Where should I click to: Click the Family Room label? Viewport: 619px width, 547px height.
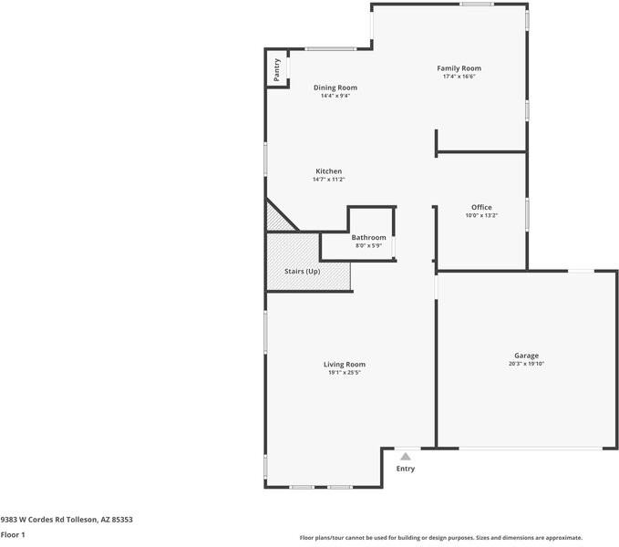pyautogui.click(x=459, y=68)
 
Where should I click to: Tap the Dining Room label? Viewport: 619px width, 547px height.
pyautogui.click(x=335, y=88)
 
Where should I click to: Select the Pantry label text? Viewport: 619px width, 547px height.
pyautogui.click(x=277, y=70)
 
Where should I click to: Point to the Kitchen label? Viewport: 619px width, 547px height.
pyautogui.click(x=329, y=171)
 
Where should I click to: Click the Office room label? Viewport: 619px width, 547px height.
pyautogui.click(x=481, y=208)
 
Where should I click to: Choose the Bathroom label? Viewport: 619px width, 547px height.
pyautogui.click(x=368, y=238)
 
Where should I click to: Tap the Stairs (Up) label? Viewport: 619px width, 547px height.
pyautogui.click(x=303, y=272)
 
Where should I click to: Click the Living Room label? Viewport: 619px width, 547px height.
pyautogui.click(x=345, y=365)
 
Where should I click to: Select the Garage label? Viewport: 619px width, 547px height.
pyautogui.click(x=526, y=356)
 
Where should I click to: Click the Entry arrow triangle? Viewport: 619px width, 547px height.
pyautogui.click(x=406, y=457)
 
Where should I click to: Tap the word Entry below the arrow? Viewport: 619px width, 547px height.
pyautogui.click(x=406, y=469)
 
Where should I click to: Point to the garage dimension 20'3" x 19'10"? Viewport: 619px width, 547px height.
pyautogui.click(x=526, y=364)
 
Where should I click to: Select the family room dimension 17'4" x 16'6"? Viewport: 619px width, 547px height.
pyautogui.click(x=459, y=77)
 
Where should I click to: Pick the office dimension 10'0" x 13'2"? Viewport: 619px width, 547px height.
pyautogui.click(x=481, y=216)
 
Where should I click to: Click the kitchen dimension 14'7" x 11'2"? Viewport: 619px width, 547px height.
pyautogui.click(x=329, y=180)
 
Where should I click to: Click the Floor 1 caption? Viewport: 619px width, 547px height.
pyautogui.click(x=13, y=534)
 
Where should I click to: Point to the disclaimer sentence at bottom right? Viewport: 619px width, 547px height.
pyautogui.click(x=441, y=538)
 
